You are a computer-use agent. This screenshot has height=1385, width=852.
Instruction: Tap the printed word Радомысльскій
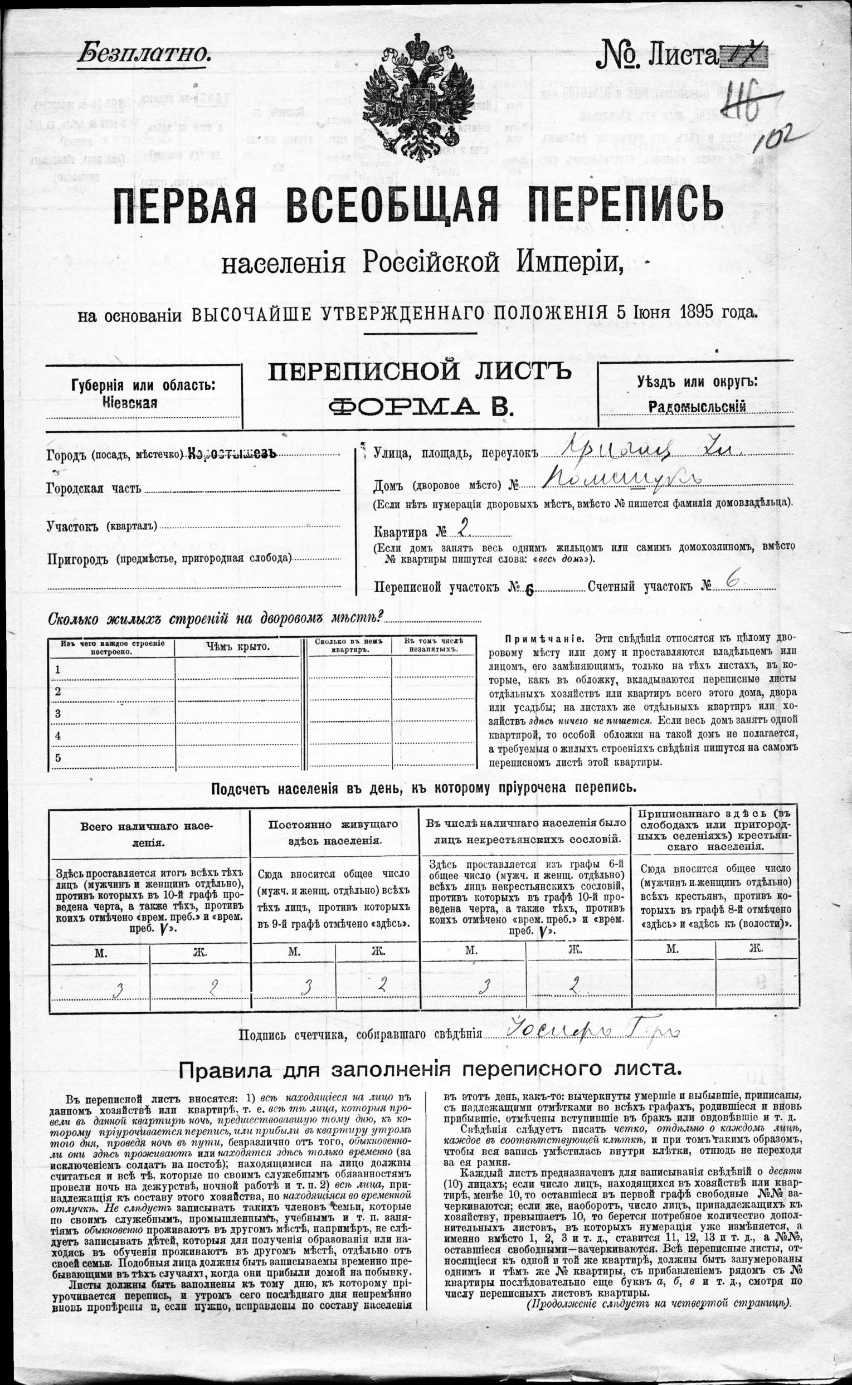point(697,406)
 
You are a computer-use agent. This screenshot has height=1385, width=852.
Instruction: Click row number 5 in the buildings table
point(57,758)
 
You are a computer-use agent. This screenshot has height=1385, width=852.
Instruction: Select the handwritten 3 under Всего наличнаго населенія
point(120,990)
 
